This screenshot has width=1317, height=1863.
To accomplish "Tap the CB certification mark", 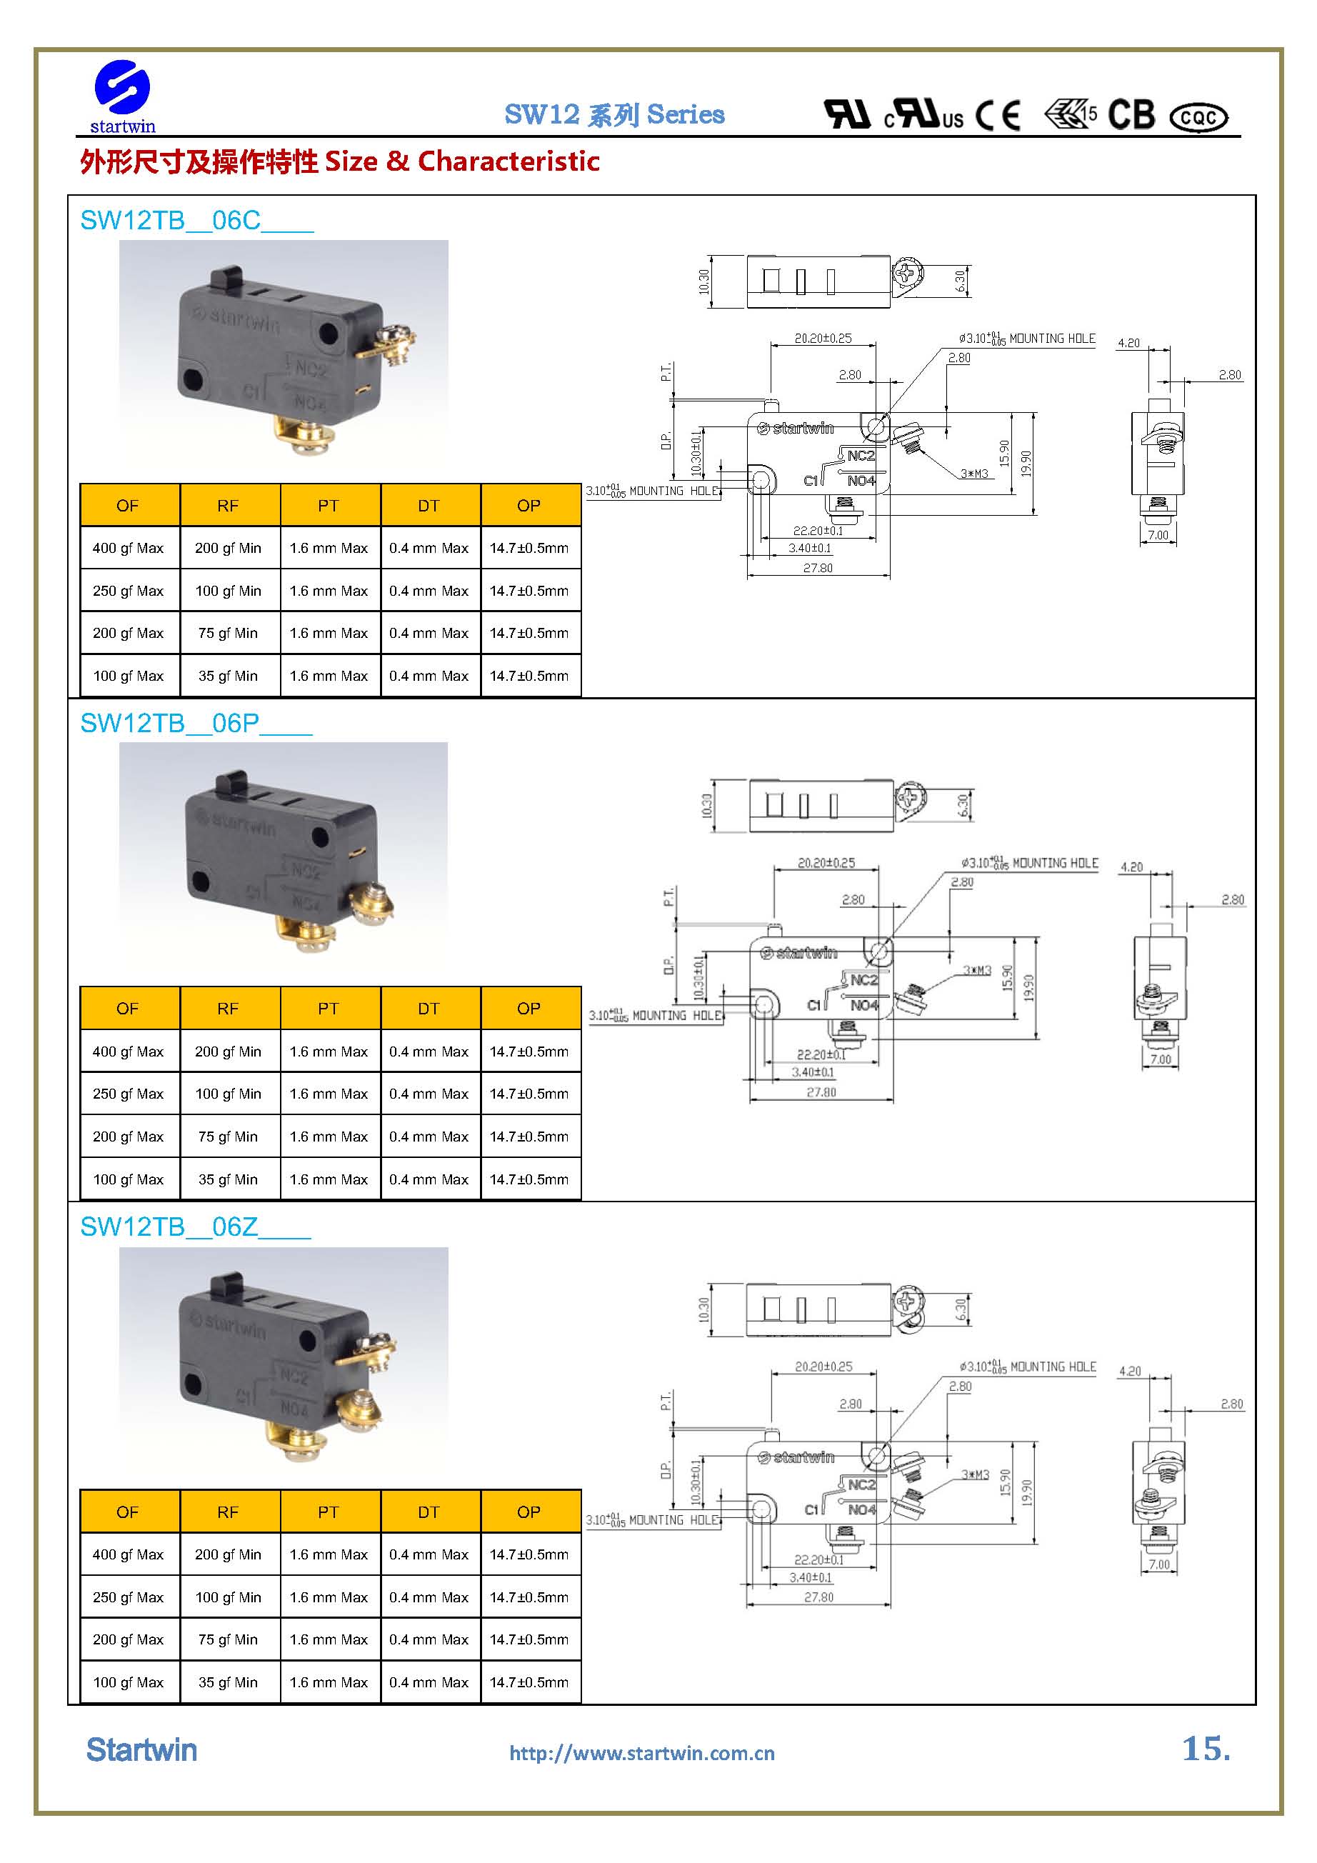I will [x=1131, y=115].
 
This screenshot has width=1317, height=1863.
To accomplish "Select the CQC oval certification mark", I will [x=1198, y=118].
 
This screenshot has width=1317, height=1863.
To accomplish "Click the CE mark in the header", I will [x=997, y=115].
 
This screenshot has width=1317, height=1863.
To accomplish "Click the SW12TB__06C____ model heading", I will [x=196, y=220].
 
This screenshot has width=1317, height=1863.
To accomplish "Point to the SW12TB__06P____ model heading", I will [x=196, y=723].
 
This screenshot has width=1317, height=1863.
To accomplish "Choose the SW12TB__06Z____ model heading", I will [x=195, y=1227].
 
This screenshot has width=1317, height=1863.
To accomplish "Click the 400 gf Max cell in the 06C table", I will [x=129, y=549].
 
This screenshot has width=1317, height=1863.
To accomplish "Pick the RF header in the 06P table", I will [x=228, y=1009].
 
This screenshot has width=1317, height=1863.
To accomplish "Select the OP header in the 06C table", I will [x=529, y=506].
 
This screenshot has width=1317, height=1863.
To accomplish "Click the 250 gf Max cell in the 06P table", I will [x=129, y=1094].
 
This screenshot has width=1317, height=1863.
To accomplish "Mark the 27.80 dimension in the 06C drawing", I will [x=818, y=568].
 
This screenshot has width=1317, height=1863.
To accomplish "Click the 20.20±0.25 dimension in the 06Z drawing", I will [x=823, y=1367].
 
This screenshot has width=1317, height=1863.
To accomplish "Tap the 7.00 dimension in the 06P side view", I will [x=1161, y=1059].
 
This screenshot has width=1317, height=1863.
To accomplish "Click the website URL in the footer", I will [x=642, y=1754].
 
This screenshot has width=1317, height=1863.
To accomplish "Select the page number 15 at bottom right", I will [x=1205, y=1749].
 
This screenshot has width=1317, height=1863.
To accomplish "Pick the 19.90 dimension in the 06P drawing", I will [x=1029, y=987].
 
